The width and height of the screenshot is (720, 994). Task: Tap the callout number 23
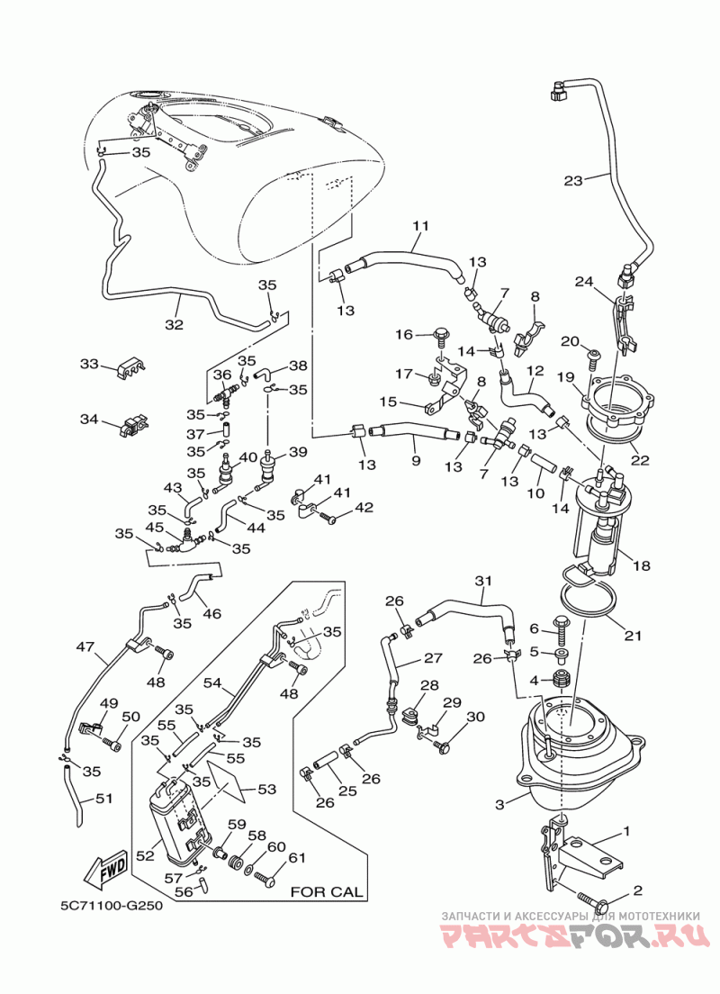click(573, 181)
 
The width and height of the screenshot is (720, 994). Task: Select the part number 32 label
click(175, 324)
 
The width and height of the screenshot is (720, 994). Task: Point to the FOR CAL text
click(327, 892)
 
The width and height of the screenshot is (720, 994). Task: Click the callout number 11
click(421, 226)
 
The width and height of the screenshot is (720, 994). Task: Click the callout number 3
click(499, 804)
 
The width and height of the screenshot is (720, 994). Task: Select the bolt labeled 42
click(328, 520)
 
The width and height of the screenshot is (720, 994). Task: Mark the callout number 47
click(85, 647)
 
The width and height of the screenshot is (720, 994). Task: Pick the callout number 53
click(266, 790)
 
